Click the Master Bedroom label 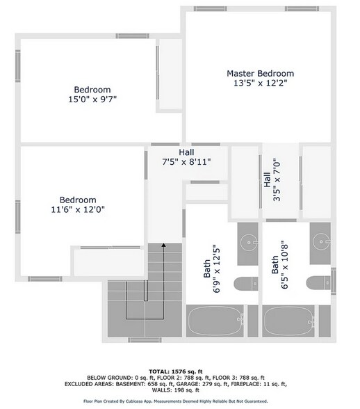(261, 73)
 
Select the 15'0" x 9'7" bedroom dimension (92, 100)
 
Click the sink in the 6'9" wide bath (248, 243)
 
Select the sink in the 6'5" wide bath (320, 243)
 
